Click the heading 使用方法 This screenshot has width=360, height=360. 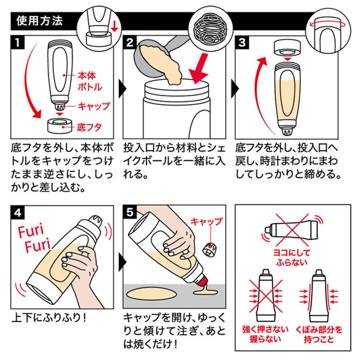(39, 21)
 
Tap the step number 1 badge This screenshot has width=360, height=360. (18, 42)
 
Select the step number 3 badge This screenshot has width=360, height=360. (242, 42)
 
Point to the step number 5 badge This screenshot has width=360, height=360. (130, 211)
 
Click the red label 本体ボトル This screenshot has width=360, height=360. (89, 81)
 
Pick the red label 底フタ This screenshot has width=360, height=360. (89, 127)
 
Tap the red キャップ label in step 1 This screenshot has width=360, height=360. (94, 106)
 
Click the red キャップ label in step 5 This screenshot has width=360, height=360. (207, 221)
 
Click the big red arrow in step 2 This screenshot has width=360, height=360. (199, 69)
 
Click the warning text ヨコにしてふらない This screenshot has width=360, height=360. (292, 257)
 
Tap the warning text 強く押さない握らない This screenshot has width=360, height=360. (265, 334)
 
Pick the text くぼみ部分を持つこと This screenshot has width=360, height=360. (319, 334)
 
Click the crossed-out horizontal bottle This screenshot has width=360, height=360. (292, 229)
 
